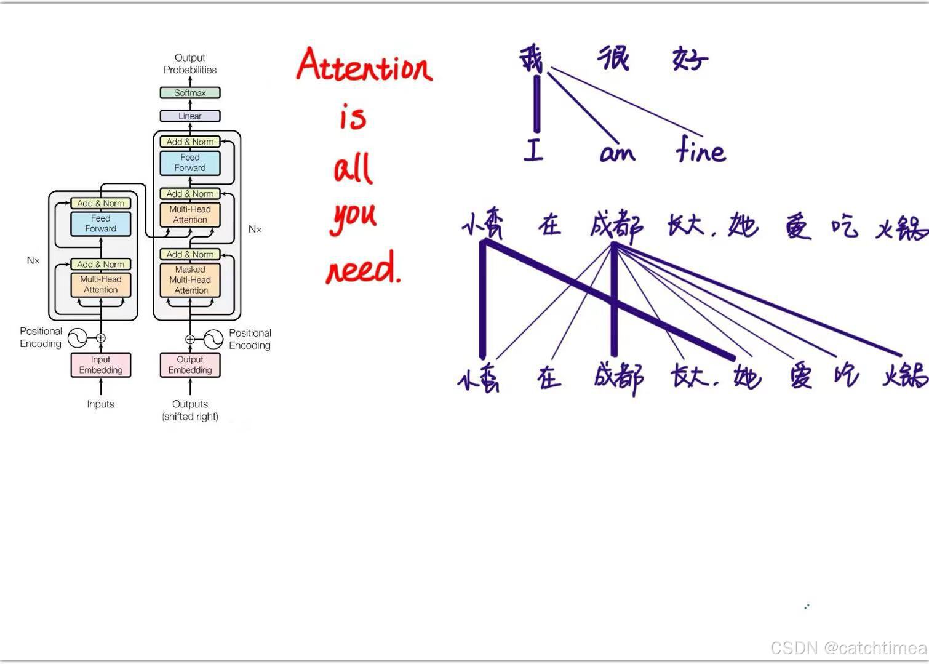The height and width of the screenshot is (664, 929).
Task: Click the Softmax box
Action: (189, 93)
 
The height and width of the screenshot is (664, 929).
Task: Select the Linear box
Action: (189, 116)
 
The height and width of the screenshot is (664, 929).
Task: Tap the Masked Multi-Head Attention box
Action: (190, 280)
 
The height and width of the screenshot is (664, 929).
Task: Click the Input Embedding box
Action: (101, 365)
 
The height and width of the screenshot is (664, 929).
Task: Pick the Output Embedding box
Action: (190, 365)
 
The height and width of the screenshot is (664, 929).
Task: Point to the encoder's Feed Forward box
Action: (101, 223)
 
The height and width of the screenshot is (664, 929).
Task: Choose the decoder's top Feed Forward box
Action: (190, 162)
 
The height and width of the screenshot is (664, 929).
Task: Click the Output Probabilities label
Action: (189, 63)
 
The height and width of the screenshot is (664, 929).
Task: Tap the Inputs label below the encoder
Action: (101, 404)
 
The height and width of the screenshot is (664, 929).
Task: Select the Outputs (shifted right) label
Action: (190, 410)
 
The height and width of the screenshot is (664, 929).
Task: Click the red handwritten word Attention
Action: (364, 66)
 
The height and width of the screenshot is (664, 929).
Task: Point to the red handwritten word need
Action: (363, 270)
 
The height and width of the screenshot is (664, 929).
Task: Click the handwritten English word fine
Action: (700, 150)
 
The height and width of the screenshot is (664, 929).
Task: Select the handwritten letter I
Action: (533, 150)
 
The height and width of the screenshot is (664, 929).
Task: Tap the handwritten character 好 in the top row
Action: (690, 59)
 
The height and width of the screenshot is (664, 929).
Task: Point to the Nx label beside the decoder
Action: (255, 229)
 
